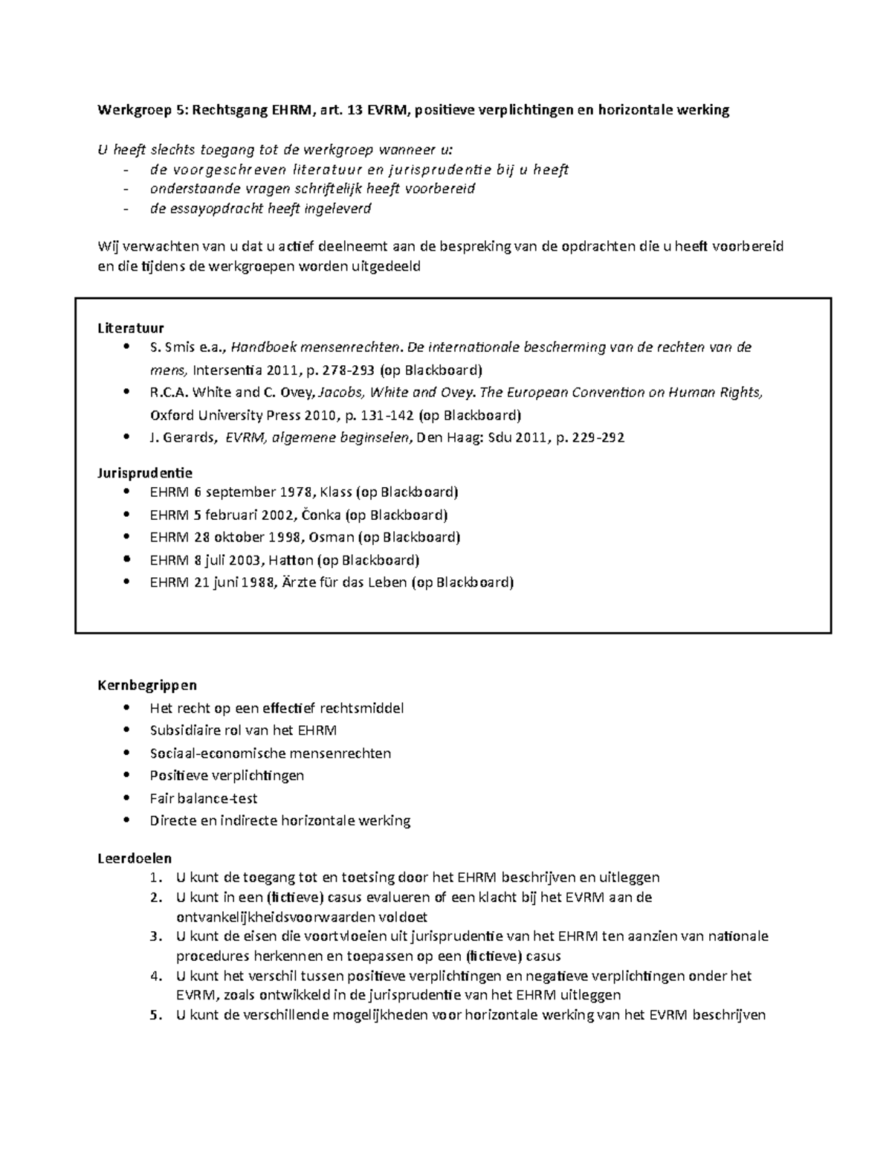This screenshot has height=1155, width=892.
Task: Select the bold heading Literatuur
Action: [x=131, y=328]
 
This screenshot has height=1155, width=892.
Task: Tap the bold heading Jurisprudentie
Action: [x=145, y=473]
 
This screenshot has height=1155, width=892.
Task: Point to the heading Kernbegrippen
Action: [x=147, y=685]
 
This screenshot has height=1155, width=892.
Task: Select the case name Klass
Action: [x=336, y=492]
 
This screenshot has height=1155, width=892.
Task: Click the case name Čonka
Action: [x=325, y=515]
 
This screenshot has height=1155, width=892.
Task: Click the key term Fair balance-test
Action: [x=204, y=799]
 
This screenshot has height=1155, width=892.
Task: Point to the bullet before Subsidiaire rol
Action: [x=132, y=730]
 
